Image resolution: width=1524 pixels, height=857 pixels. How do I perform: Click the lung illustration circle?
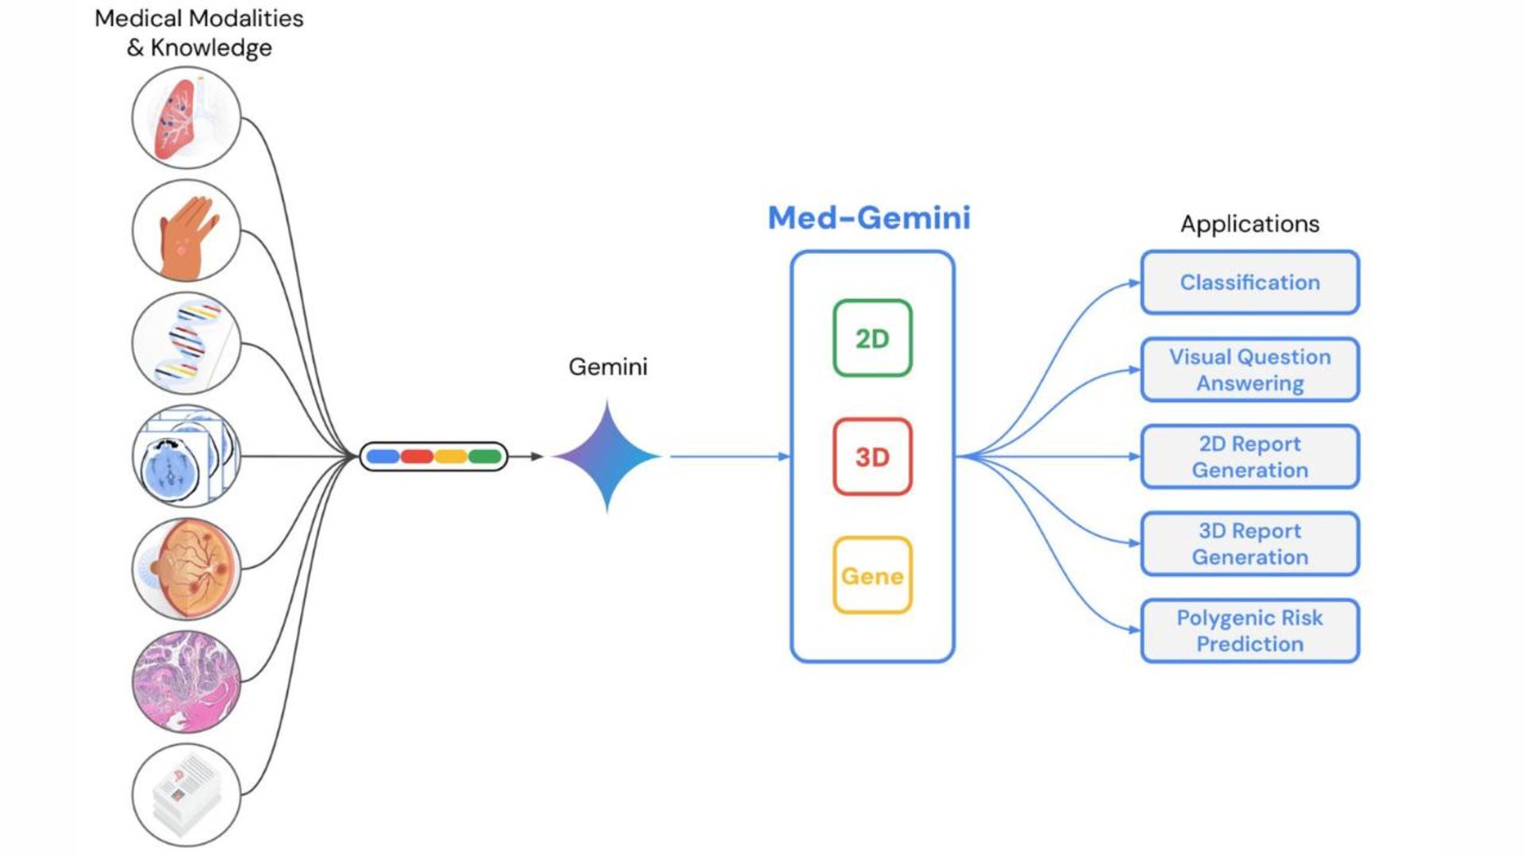187,118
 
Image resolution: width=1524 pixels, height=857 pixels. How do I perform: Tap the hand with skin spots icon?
187,231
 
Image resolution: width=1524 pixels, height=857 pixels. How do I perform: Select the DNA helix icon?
187,344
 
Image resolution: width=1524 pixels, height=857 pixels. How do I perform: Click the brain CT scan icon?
187,456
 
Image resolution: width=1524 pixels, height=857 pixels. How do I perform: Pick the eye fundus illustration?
187,569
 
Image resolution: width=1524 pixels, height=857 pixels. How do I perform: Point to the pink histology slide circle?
187,682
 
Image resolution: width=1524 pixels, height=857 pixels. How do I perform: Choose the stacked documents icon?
187,794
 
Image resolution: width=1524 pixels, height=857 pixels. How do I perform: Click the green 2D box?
872,338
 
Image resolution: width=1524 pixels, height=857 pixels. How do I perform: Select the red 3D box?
872,457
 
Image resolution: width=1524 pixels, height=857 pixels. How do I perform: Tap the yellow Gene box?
872,575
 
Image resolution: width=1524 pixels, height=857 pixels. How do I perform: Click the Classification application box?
1249,282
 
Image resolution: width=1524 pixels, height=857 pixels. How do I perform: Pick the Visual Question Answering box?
1249,370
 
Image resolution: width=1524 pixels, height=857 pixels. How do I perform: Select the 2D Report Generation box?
1249,457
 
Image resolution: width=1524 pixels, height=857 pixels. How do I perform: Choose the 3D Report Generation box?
1249,544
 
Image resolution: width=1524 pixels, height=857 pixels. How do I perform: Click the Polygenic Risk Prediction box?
1249,631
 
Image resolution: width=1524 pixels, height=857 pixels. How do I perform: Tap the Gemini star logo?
607,456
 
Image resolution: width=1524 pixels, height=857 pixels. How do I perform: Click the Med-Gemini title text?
869,217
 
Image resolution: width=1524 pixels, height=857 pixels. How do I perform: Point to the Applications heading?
1249,224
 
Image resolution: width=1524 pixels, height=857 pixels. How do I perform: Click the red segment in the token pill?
417,456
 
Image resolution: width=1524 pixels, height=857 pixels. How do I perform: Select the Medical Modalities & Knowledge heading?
198,33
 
